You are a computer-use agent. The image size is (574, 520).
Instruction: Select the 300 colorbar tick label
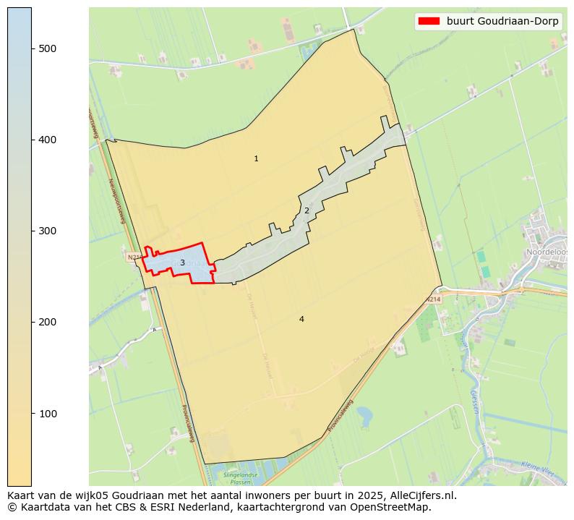47,231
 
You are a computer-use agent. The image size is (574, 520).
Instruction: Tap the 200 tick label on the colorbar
47,322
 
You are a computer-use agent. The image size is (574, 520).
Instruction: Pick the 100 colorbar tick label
47,413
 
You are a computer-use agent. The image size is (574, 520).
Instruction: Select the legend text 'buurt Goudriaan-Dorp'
502,21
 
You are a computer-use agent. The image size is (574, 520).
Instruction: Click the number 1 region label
256,158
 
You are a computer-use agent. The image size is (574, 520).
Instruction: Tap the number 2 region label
307,210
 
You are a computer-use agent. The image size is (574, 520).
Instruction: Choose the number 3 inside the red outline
182,263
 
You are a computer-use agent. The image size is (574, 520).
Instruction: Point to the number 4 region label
301,319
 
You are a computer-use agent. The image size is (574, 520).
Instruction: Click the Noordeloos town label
549,252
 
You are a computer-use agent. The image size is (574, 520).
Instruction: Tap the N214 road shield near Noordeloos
433,299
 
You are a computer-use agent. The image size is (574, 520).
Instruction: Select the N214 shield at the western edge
134,257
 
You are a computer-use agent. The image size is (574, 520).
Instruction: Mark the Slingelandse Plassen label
241,478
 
